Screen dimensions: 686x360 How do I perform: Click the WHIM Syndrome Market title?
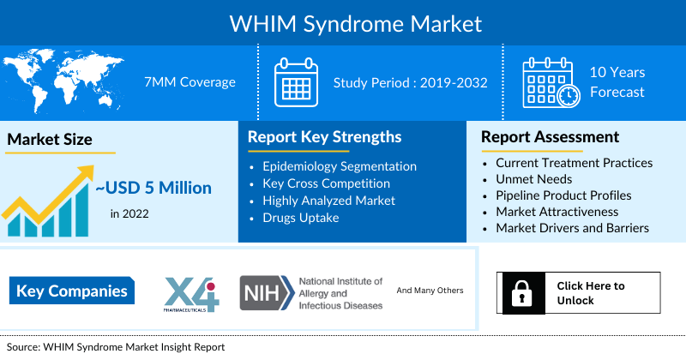pos(355,25)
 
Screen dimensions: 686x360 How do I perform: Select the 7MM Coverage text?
pos(190,81)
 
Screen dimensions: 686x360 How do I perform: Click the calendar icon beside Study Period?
pos(296,82)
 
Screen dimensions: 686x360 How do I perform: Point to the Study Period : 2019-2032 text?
pos(411,82)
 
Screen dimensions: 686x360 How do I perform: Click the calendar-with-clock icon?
pos(551,82)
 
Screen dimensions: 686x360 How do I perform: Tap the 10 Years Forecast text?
pos(617,82)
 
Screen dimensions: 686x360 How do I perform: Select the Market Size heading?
pos(50,139)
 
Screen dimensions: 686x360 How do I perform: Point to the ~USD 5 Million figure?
pos(153,188)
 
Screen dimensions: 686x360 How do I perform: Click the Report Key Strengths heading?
pos(325,137)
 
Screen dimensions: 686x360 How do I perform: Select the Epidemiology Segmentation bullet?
pos(340,166)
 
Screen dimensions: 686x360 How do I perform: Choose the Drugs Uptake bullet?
pos(301,218)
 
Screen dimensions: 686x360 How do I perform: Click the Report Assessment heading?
pos(550,137)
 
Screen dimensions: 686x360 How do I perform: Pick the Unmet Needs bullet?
pos(533,179)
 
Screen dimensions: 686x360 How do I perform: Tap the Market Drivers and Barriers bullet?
pos(572,228)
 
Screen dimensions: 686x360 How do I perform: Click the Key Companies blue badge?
pos(72,291)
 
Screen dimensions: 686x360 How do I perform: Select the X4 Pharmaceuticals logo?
pos(191,294)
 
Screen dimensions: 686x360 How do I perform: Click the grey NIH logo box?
pos(267,292)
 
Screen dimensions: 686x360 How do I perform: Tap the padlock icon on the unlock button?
pos(521,293)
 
